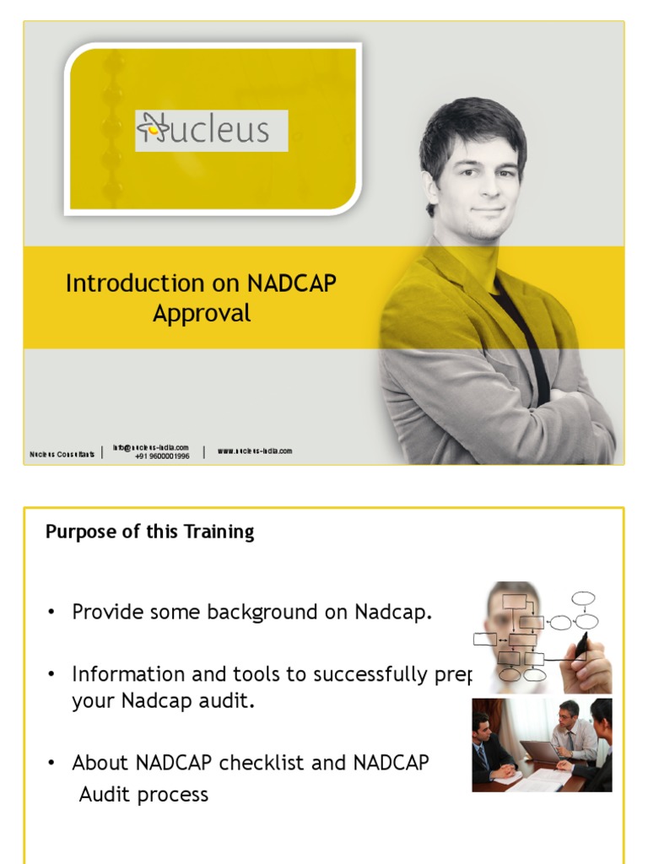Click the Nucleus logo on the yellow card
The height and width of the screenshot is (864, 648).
pyautogui.click(x=211, y=131)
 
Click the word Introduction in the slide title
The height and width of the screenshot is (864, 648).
pyautogui.click(x=134, y=283)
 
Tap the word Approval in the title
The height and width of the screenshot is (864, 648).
pyautogui.click(x=202, y=314)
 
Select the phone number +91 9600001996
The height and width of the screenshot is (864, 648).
pyautogui.click(x=162, y=456)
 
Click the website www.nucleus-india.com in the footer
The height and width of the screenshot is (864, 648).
pyautogui.click(x=255, y=451)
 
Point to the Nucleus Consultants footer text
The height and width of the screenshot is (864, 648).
pyautogui.click(x=62, y=454)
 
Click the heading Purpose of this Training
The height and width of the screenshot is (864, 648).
pyautogui.click(x=149, y=532)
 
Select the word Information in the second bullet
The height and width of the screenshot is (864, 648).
pyautogui.click(x=127, y=674)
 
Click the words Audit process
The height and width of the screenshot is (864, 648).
pyautogui.click(x=143, y=795)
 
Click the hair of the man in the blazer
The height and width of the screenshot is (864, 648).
pyautogui.click(x=472, y=127)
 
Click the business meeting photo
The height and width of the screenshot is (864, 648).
pyautogui.click(x=542, y=744)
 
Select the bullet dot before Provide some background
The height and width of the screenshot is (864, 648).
pyautogui.click(x=51, y=612)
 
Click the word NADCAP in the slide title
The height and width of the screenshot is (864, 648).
pyautogui.click(x=291, y=283)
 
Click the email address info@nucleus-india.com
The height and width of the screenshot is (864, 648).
pyautogui.click(x=151, y=448)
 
